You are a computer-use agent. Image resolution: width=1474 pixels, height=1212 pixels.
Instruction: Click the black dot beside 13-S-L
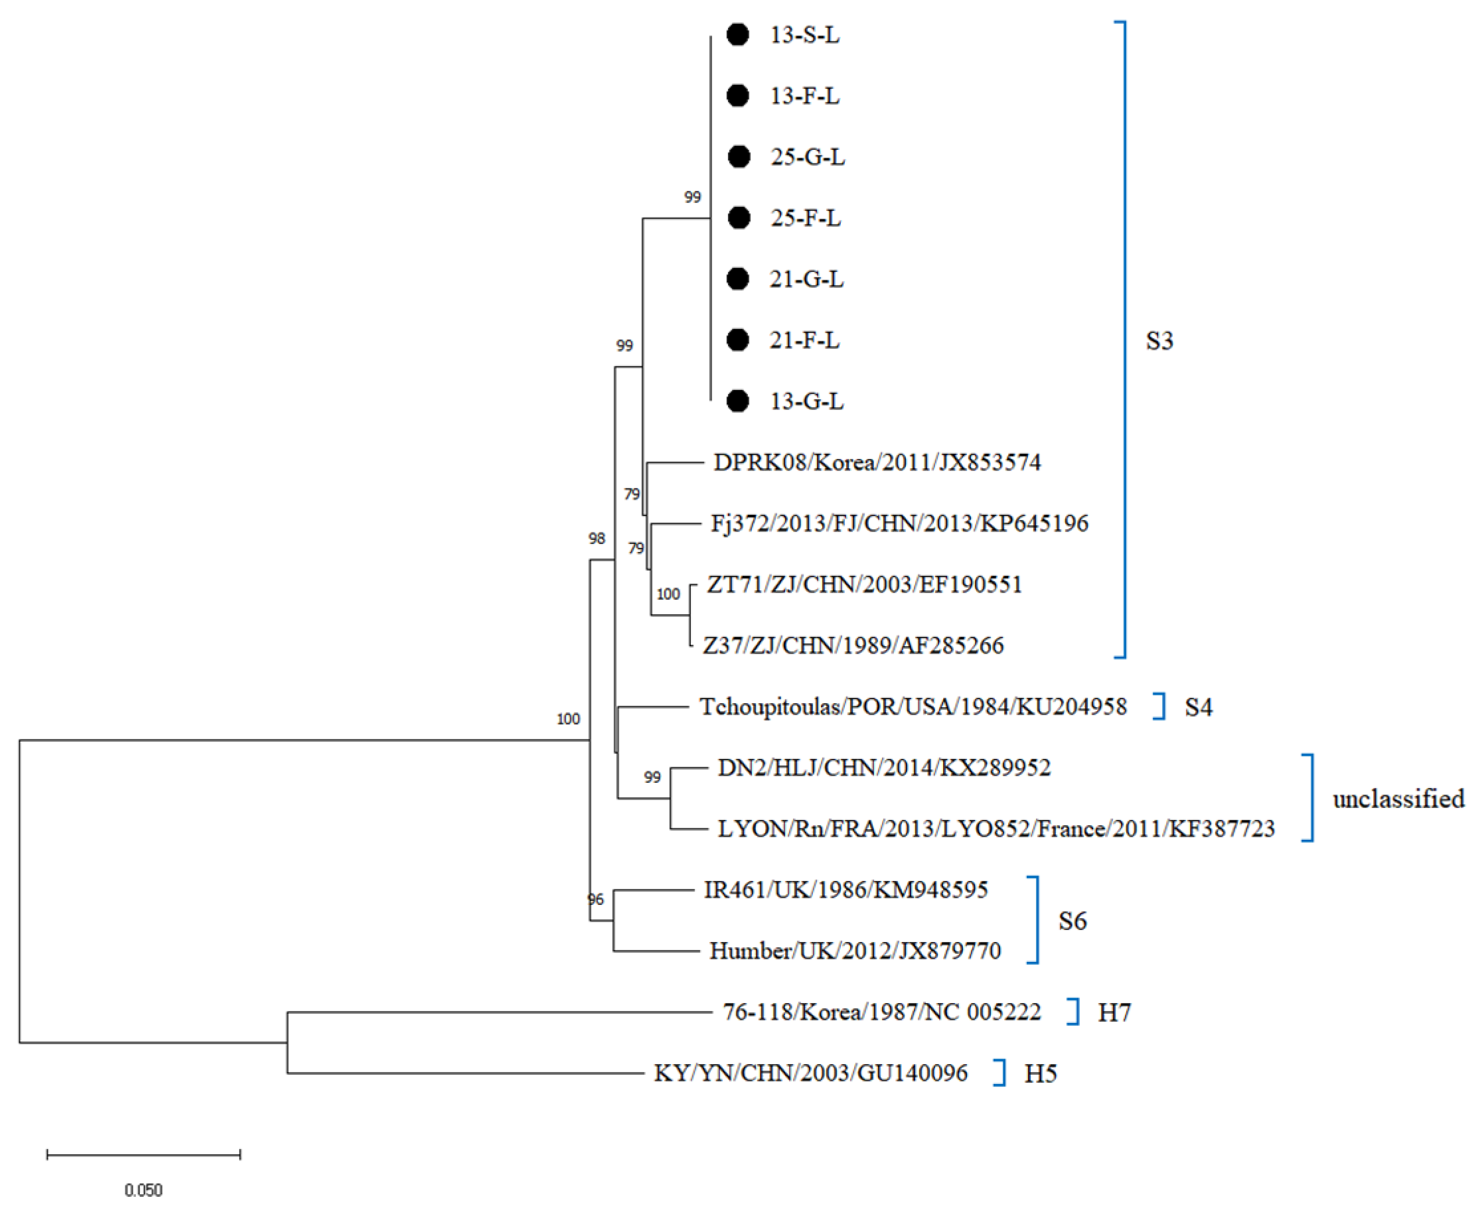coord(738,34)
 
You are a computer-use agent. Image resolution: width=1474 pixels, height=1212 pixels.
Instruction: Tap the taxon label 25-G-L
coord(808,157)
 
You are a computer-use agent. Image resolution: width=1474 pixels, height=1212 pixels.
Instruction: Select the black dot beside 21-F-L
coord(738,340)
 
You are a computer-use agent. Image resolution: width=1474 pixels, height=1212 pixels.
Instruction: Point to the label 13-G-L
coord(807,401)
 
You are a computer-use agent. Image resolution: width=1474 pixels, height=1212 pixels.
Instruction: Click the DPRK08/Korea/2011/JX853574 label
coord(877,462)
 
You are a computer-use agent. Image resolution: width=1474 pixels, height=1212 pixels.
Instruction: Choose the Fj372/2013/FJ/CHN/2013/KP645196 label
coord(899,523)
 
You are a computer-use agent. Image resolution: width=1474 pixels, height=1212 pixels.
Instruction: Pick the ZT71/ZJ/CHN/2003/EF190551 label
coord(864,584)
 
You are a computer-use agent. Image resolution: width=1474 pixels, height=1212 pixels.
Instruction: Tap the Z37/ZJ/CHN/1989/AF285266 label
coord(853,645)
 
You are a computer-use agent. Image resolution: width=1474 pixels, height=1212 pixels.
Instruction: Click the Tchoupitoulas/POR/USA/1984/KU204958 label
coord(913,707)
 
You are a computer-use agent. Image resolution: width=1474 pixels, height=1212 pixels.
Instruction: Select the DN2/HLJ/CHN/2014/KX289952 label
coord(884,768)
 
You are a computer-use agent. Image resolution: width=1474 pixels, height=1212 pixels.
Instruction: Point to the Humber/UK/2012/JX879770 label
coord(855,951)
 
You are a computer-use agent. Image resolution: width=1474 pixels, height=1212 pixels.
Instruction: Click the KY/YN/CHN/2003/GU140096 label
coord(810,1073)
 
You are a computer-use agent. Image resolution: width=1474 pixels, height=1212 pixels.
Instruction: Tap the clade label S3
coord(1159,341)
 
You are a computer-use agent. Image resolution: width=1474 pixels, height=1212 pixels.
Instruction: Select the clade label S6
coord(1072,921)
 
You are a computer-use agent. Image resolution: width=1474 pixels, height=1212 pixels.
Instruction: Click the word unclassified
coord(1398,799)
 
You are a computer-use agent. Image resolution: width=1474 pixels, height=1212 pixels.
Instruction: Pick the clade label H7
coord(1114,1012)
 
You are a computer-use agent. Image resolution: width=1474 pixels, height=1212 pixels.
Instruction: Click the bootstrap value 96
coord(595,900)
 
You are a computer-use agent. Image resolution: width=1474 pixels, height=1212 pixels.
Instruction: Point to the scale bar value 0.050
coord(143,1189)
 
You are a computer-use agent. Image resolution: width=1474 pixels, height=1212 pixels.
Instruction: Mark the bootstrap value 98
coord(597,538)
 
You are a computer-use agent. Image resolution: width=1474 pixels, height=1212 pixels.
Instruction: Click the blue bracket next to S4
coord(1161,707)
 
